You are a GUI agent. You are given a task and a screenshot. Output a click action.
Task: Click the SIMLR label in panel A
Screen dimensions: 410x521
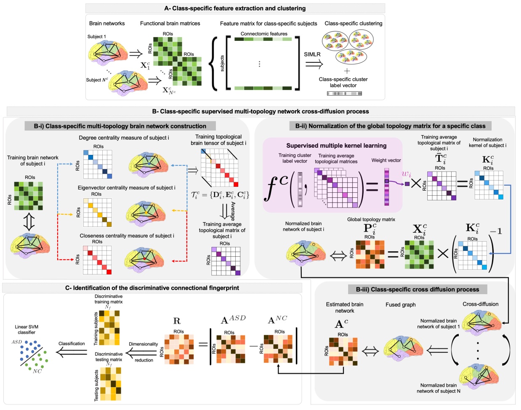tap(312, 54)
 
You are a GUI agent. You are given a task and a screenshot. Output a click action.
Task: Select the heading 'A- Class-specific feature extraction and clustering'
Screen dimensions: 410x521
tap(235, 8)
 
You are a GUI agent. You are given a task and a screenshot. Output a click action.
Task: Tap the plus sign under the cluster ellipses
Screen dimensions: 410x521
tap(347, 71)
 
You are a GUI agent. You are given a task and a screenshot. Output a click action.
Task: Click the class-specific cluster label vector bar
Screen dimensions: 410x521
tap(344, 93)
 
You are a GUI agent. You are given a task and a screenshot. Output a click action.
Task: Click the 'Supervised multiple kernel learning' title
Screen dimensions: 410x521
tap(336, 146)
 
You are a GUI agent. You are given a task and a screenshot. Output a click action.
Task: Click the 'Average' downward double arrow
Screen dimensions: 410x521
tap(225, 211)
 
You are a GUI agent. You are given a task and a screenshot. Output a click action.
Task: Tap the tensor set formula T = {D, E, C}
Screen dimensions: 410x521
tap(220, 195)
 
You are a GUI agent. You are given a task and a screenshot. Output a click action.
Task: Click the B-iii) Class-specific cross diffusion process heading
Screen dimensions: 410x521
tap(417, 290)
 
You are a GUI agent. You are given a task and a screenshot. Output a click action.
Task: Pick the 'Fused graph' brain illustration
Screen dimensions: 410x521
tap(403, 350)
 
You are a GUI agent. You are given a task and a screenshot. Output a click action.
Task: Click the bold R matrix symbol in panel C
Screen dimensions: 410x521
tap(177, 321)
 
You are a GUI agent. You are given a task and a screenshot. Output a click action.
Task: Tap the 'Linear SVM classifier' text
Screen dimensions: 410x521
tap(27, 330)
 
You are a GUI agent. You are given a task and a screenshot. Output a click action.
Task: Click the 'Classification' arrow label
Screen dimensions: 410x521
tap(72, 343)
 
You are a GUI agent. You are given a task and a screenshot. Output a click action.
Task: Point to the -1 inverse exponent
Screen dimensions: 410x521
tap(495, 231)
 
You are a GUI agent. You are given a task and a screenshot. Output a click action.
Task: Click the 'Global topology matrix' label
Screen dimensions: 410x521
tap(371, 219)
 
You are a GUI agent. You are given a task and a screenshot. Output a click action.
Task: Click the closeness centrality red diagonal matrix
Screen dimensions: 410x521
tap(97, 260)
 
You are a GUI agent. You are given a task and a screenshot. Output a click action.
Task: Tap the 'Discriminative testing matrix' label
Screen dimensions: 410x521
tap(109, 357)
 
